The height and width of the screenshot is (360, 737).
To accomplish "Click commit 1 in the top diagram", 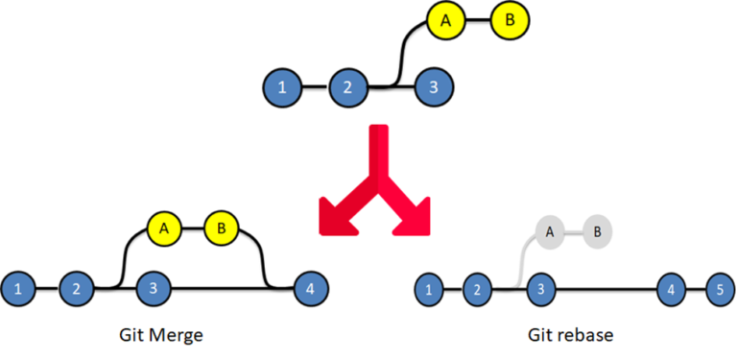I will pos(281,87).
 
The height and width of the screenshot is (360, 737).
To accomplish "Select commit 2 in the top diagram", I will pos(346,87).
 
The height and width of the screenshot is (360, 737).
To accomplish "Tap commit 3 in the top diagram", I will pos(434,87).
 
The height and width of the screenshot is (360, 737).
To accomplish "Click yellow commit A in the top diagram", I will pos(443,19).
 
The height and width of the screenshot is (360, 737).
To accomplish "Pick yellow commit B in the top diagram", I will pos(510,19).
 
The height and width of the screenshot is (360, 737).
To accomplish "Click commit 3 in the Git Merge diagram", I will pos(154,287).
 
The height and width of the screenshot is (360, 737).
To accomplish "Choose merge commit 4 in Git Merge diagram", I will pos(309,287).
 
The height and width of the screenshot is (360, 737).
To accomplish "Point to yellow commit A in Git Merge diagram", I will pos(164,228).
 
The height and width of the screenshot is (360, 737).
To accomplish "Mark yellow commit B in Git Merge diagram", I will pos(222,228).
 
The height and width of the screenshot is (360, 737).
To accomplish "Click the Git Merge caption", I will pos(161,335).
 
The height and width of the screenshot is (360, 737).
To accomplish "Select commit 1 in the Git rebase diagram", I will pos(429,288).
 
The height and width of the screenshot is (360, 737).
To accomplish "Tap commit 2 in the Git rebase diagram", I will pos(477,288).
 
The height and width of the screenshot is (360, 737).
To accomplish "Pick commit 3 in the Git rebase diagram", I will pos(541,288).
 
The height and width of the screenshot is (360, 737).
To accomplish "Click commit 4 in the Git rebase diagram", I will pos(672,288).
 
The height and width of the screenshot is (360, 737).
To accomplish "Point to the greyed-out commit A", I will pos(550,231).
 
